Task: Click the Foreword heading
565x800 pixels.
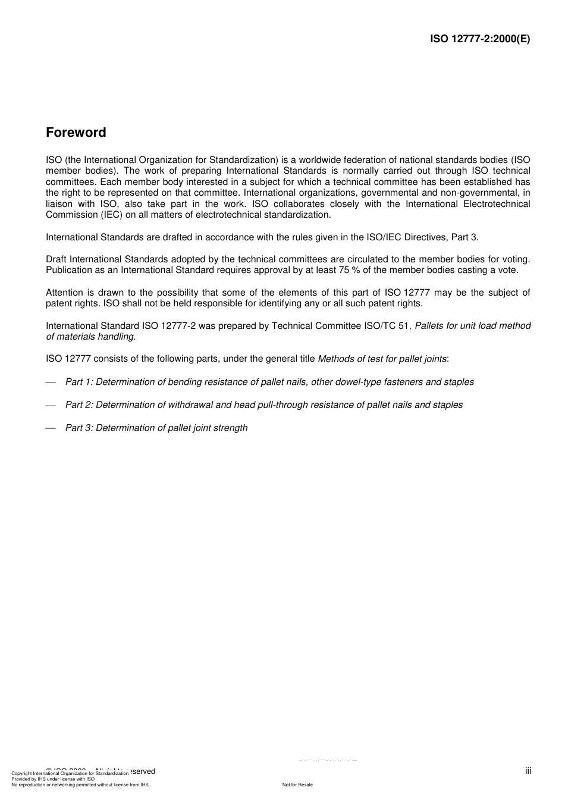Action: tap(76, 133)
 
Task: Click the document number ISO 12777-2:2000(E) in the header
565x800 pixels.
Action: tap(480, 39)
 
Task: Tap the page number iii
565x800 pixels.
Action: tap(528, 771)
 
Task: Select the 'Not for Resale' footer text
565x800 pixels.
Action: tap(297, 785)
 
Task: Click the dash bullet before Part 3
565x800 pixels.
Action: tap(51, 428)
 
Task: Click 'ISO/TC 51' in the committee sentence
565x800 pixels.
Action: tap(387, 326)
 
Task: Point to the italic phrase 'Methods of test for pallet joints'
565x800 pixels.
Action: tap(382, 359)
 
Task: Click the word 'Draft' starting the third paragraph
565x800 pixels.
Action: tap(56, 259)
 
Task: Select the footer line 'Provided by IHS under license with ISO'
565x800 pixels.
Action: tap(53, 779)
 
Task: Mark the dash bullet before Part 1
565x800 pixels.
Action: tap(51, 382)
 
